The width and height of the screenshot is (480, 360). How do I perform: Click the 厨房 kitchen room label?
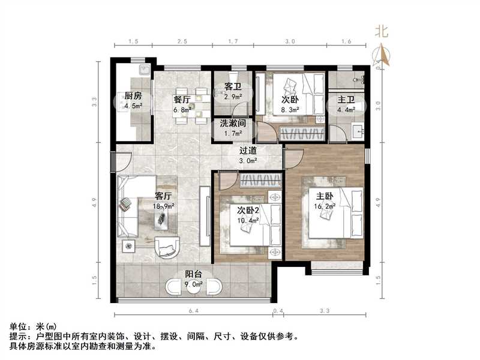point(133,96)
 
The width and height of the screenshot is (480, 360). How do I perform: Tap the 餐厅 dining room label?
point(182,100)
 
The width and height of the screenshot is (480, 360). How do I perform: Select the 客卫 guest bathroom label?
point(233,86)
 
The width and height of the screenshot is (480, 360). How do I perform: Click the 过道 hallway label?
point(248,151)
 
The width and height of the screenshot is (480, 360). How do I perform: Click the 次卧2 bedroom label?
point(248,210)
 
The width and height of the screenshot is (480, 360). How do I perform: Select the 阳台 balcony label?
point(193,274)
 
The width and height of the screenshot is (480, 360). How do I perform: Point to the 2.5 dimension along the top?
point(182,41)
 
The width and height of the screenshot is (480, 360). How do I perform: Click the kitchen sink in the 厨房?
point(143,71)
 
